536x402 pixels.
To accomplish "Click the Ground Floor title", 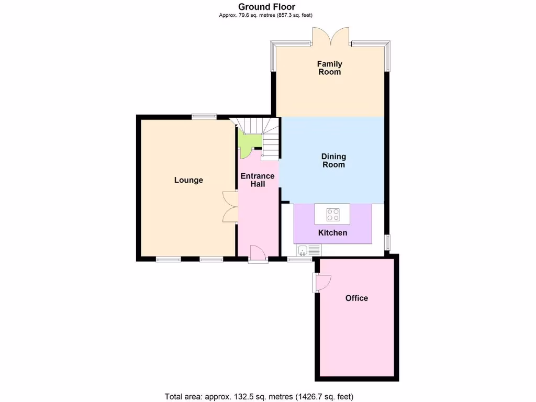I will point(267,7).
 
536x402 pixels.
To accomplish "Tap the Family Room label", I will point(329,68).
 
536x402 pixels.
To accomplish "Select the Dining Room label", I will point(333,161).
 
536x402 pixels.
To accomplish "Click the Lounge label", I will point(188,180).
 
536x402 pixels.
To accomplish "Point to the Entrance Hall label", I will point(258,180).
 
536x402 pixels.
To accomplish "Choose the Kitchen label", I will point(333,232).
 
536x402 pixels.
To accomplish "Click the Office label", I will point(356,298).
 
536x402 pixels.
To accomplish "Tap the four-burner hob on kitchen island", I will point(332,214).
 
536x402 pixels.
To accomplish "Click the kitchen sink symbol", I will point(303,250).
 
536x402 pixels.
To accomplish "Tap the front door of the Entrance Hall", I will point(258,253).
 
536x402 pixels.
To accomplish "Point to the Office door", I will point(321,283).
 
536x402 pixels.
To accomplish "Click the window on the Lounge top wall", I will point(204,117).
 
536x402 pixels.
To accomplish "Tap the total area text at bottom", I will point(263,396).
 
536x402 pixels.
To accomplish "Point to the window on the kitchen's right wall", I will point(388,242).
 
